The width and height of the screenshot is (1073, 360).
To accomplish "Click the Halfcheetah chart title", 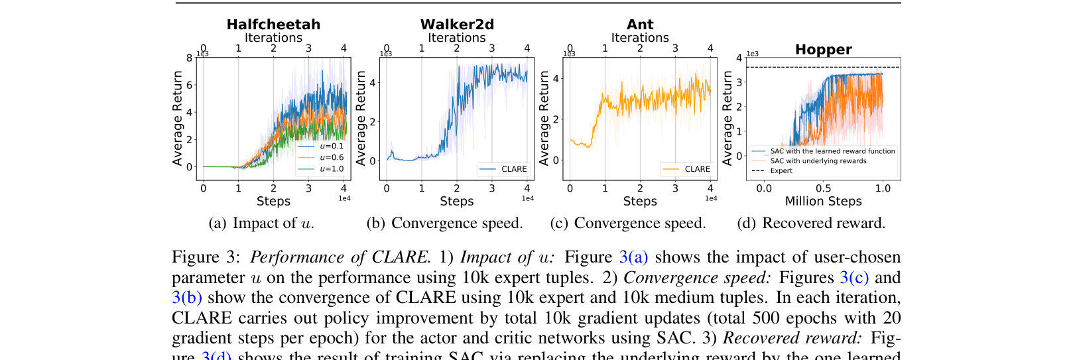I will pos(273,25).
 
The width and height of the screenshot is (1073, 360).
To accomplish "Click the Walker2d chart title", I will pos(457,25).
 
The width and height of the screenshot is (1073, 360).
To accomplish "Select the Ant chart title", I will pos(640,25).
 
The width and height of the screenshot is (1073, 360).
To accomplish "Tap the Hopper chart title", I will pos(823,50).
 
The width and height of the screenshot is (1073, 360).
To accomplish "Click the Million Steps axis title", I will pos(823,202).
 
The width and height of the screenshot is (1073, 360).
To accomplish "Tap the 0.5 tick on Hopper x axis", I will pos(823,188).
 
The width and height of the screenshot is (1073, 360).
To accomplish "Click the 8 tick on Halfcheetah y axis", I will pos(190,58).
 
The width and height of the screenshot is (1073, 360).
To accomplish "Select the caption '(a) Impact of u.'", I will pos(261,223).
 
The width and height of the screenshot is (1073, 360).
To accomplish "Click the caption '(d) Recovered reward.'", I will pos(811,223).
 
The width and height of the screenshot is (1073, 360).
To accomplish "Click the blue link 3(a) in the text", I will pos(633,257).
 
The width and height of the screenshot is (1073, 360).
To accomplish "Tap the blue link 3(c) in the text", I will pos(854,278).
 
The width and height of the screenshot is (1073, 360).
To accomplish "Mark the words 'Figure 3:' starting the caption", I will pos(206,257).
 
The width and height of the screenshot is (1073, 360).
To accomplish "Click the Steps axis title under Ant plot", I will pos(640,202).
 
